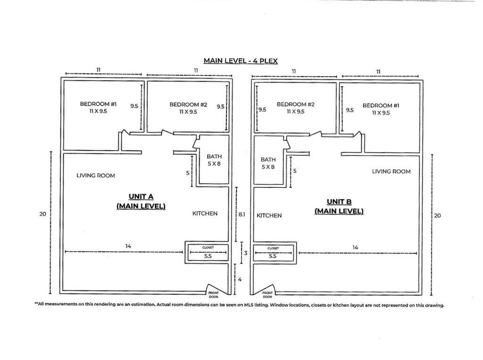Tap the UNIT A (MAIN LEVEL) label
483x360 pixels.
141,201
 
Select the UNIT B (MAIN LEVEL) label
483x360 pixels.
339,206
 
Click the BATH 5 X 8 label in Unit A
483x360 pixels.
214,160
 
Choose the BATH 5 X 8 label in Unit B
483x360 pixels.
268,163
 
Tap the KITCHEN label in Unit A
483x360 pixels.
205,213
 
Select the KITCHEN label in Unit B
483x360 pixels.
269,215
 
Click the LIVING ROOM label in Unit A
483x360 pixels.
96,176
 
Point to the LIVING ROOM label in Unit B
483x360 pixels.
391,171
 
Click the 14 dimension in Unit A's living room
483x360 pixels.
128,246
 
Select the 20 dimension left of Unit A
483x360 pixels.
42,214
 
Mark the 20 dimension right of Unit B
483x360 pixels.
437,216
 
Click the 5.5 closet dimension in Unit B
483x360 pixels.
272,256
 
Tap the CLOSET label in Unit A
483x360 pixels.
208,247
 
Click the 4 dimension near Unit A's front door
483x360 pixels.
240,279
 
